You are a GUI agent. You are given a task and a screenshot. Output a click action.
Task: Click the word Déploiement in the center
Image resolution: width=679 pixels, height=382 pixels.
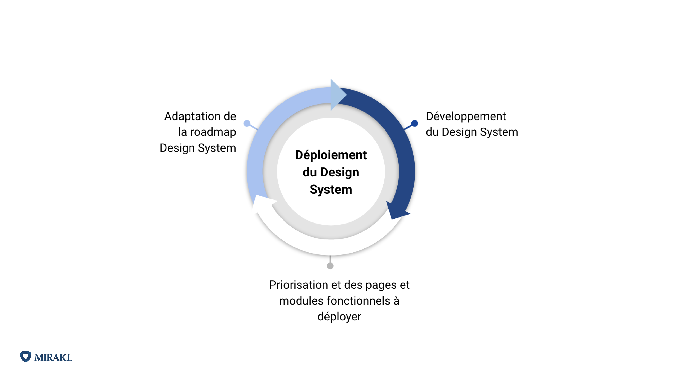click(x=331, y=155)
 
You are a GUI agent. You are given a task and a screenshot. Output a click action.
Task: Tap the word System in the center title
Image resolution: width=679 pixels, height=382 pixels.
click(x=331, y=190)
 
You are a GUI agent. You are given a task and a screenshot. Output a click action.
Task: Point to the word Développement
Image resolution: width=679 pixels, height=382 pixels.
click(x=466, y=116)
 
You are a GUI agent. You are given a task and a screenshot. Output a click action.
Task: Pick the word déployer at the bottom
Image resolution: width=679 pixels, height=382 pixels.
click(x=339, y=317)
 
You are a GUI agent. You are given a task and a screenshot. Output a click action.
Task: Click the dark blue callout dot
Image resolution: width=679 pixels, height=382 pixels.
click(x=415, y=123)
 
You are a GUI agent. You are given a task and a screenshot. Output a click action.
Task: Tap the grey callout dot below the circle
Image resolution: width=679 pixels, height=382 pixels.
click(x=330, y=266)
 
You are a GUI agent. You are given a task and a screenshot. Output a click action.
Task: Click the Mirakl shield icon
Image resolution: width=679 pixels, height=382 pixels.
click(x=26, y=357)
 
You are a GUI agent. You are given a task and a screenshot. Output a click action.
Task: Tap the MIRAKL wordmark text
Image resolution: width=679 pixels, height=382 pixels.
click(x=53, y=358)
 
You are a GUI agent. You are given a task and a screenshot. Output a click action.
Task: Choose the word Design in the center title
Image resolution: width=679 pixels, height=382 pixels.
click(x=339, y=172)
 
